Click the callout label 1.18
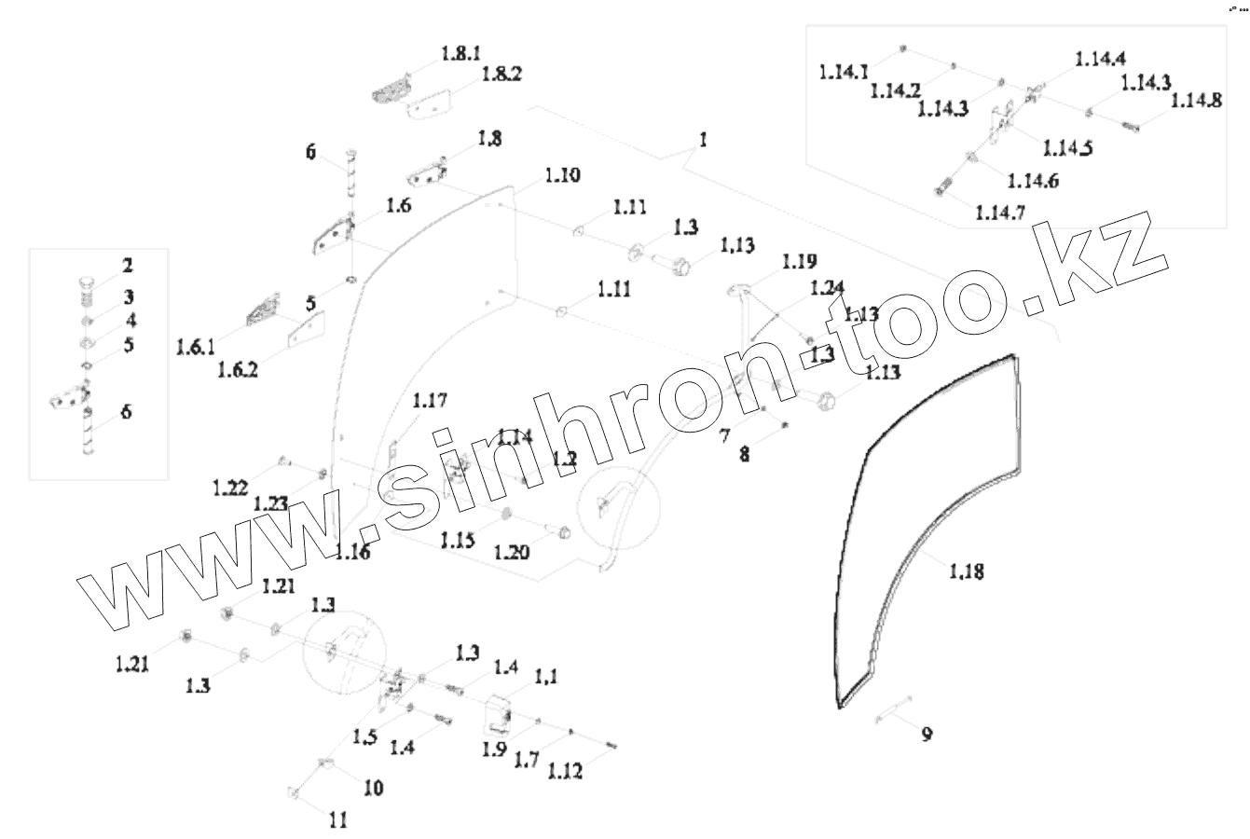pyautogui.click(x=966, y=571)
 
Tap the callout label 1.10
pyautogui.click(x=562, y=175)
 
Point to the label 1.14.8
pyautogui.click(x=1197, y=101)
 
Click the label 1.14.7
pyautogui.click(x=1000, y=213)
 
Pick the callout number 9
pyautogui.click(x=927, y=735)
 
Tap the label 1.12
pyautogui.click(x=566, y=771)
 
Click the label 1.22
pyautogui.click(x=229, y=487)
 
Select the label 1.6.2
pyautogui.click(x=238, y=370)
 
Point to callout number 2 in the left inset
pyautogui.click(x=127, y=266)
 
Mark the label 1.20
pyautogui.click(x=512, y=551)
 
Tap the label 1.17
pyautogui.click(x=430, y=402)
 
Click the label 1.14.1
pyautogui.click(x=845, y=72)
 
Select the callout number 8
pyautogui.click(x=744, y=457)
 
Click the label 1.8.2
pyautogui.click(x=502, y=76)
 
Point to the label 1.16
pyautogui.click(x=351, y=553)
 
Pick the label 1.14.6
pyautogui.click(x=1033, y=181)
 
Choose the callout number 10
pyautogui.click(x=372, y=788)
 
